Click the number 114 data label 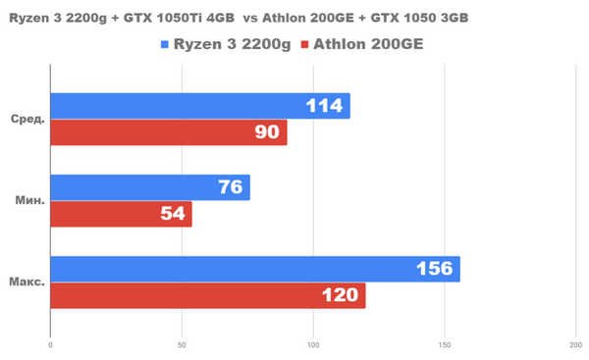[325, 106]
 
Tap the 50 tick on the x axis [182, 344]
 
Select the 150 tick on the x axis [444, 344]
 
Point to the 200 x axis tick [575, 344]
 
